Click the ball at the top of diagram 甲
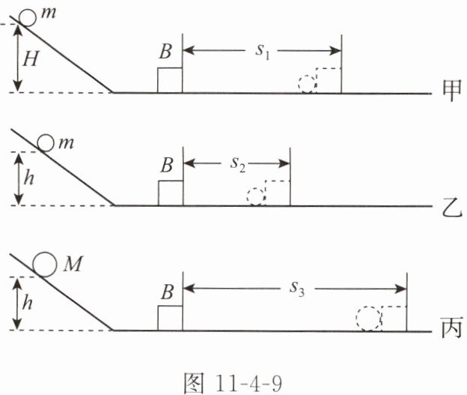(27, 16)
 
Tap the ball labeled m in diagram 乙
(46, 142)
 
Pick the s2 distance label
(237, 166)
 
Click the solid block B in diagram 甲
(170, 80)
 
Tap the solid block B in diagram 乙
(170, 193)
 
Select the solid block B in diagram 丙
(170, 317)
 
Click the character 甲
(450, 92)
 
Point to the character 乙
(450, 205)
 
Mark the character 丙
(450, 329)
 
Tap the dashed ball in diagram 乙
(256, 196)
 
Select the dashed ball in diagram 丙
(367, 319)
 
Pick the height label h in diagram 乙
(28, 179)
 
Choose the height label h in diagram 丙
(28, 304)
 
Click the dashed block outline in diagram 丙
(394, 318)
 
